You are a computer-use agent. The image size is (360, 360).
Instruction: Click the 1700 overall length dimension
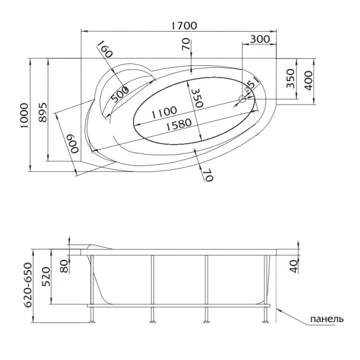click(184, 25)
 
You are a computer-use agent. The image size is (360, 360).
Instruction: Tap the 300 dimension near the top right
click(260, 39)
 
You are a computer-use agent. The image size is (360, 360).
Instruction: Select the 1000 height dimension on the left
click(24, 116)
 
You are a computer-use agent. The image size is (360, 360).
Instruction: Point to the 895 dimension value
click(42, 113)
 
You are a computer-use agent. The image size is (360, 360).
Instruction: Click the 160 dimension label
click(105, 49)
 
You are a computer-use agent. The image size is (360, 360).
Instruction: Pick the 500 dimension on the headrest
click(120, 94)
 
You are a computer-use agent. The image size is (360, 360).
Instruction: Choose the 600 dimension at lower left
click(73, 144)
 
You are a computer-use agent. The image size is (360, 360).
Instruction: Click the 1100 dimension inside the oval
click(164, 112)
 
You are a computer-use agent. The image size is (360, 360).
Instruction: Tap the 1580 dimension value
click(179, 124)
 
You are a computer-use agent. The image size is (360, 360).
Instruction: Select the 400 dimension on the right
click(309, 80)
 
